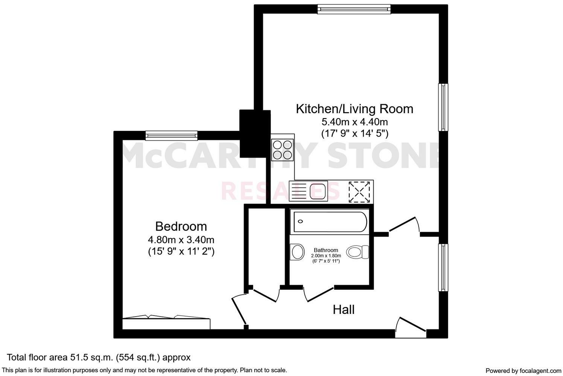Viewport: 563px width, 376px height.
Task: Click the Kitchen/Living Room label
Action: (x=355, y=109)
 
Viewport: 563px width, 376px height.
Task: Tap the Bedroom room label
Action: (x=181, y=226)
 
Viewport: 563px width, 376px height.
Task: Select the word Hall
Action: (x=344, y=310)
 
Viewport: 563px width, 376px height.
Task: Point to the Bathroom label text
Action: (x=326, y=250)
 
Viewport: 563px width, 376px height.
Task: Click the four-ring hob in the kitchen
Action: (x=282, y=149)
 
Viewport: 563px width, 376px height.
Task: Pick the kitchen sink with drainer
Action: (x=308, y=191)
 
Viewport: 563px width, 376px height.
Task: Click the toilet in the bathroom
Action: (x=358, y=252)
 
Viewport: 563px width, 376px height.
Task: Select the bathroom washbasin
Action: (x=298, y=252)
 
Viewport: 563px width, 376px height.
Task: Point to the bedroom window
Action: (x=171, y=135)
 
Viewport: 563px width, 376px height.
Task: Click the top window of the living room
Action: (x=354, y=9)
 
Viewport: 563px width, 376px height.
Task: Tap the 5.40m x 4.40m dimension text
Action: (x=355, y=122)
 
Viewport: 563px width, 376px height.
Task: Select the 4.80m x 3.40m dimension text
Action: (x=181, y=240)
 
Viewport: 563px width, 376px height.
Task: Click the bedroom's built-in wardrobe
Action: (x=166, y=323)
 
